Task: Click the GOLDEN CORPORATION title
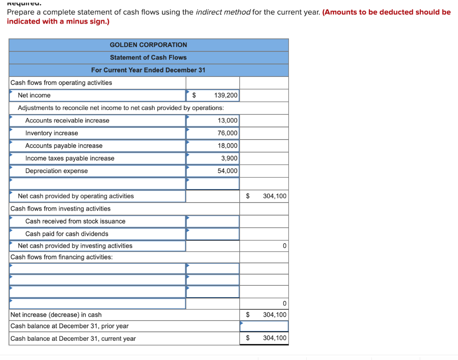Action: pyautogui.click(x=148, y=45)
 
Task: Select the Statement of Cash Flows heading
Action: pyautogui.click(x=148, y=57)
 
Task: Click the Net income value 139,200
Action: pyautogui.click(x=226, y=95)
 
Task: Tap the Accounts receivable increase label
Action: pyautogui.click(x=67, y=120)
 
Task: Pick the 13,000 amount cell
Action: pyautogui.click(x=228, y=120)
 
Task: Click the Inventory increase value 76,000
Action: pyautogui.click(x=228, y=133)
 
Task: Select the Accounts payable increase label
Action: pyautogui.click(x=64, y=146)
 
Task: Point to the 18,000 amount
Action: pyautogui.click(x=228, y=145)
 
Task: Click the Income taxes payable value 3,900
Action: pyautogui.click(x=229, y=158)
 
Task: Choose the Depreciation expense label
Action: pyautogui.click(x=56, y=171)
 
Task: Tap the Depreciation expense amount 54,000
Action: pyautogui.click(x=228, y=171)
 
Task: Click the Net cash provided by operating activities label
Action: pyautogui.click(x=76, y=196)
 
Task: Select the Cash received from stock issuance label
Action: pyautogui.click(x=75, y=221)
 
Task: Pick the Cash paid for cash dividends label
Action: pyautogui.click(x=67, y=234)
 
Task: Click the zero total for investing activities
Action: pyautogui.click(x=284, y=246)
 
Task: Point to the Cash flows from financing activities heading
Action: pyautogui.click(x=61, y=257)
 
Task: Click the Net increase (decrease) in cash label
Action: pyautogui.click(x=56, y=315)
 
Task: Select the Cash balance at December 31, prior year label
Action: pyautogui.click(x=69, y=326)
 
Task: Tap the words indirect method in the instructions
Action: pyautogui.click(x=223, y=12)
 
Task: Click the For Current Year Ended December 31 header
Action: pyautogui.click(x=148, y=70)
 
